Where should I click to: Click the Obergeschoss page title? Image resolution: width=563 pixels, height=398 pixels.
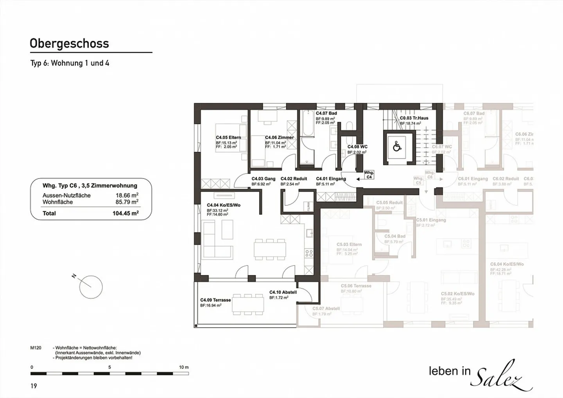tap(69, 43)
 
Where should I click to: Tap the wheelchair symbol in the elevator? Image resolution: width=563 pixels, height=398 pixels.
tap(397, 147)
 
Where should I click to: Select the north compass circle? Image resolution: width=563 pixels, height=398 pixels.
tap(91, 287)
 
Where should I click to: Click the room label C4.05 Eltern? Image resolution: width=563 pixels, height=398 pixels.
tap(228, 138)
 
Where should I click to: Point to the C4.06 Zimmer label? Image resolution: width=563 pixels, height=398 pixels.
tap(279, 138)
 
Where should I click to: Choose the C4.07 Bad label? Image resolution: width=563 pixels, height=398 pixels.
tap(326, 113)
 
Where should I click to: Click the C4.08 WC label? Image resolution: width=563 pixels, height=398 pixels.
tap(357, 147)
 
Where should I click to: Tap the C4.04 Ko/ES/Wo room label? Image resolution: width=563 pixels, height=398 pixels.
tap(223, 205)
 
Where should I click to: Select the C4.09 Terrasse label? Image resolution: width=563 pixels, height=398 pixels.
tap(215, 300)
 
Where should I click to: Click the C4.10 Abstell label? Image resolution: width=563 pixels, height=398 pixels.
tap(283, 292)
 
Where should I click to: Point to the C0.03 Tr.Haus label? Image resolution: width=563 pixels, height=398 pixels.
tap(414, 118)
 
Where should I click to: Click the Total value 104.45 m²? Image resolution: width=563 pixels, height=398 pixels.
tap(126, 213)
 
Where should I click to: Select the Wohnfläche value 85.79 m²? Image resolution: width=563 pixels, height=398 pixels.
tap(127, 202)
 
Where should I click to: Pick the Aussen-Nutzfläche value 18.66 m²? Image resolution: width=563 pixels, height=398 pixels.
tap(127, 195)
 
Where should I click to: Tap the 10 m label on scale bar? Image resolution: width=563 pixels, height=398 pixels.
tap(184, 368)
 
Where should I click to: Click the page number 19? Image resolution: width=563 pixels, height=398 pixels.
tap(34, 386)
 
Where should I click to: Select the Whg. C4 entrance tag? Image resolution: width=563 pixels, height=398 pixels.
tap(369, 175)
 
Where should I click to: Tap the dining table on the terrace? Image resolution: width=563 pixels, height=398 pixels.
tap(248, 305)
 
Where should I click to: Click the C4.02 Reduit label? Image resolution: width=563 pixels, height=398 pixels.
tap(294, 179)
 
